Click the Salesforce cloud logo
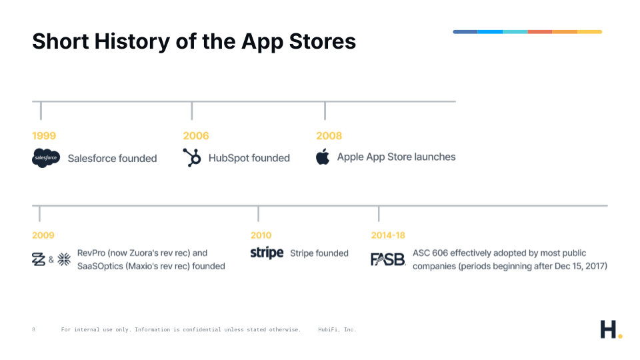tap(46, 157)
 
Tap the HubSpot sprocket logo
tap(192, 157)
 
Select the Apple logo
tap(323, 157)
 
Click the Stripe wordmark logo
tap(267, 253)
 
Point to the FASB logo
tap(388, 259)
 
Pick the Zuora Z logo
tap(39, 259)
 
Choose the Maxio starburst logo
tap(64, 259)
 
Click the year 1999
tap(44, 135)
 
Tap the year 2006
tap(196, 135)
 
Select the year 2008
tap(329, 135)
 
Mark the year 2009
tap(43, 235)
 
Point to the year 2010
tap(261, 235)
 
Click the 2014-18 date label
tap(388, 235)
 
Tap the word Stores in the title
tap(323, 41)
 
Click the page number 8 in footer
tap(33, 329)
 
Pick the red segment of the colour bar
tap(539, 32)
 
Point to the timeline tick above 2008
tap(325, 111)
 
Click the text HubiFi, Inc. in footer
tap(337, 329)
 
